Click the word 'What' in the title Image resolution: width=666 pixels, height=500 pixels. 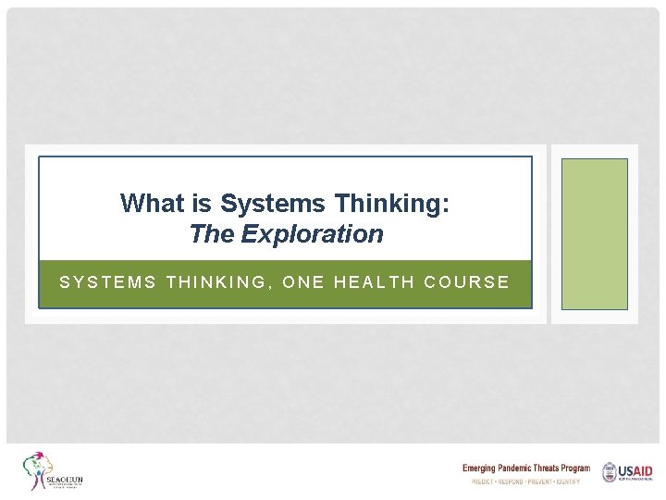[x=148, y=203]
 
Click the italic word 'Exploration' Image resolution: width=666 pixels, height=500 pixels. [x=312, y=234]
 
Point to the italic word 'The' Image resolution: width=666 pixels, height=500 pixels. [x=212, y=234]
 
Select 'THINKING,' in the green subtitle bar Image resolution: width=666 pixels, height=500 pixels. [x=218, y=282]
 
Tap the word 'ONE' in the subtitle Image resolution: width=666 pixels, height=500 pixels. [x=303, y=282]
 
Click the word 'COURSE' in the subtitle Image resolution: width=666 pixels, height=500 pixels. [x=466, y=282]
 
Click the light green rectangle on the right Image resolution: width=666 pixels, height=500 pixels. [x=594, y=233]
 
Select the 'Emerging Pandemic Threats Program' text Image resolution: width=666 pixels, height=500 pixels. [x=525, y=469]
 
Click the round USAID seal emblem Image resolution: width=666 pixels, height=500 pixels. [x=610, y=472]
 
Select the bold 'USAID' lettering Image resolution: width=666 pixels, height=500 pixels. [x=636, y=470]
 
